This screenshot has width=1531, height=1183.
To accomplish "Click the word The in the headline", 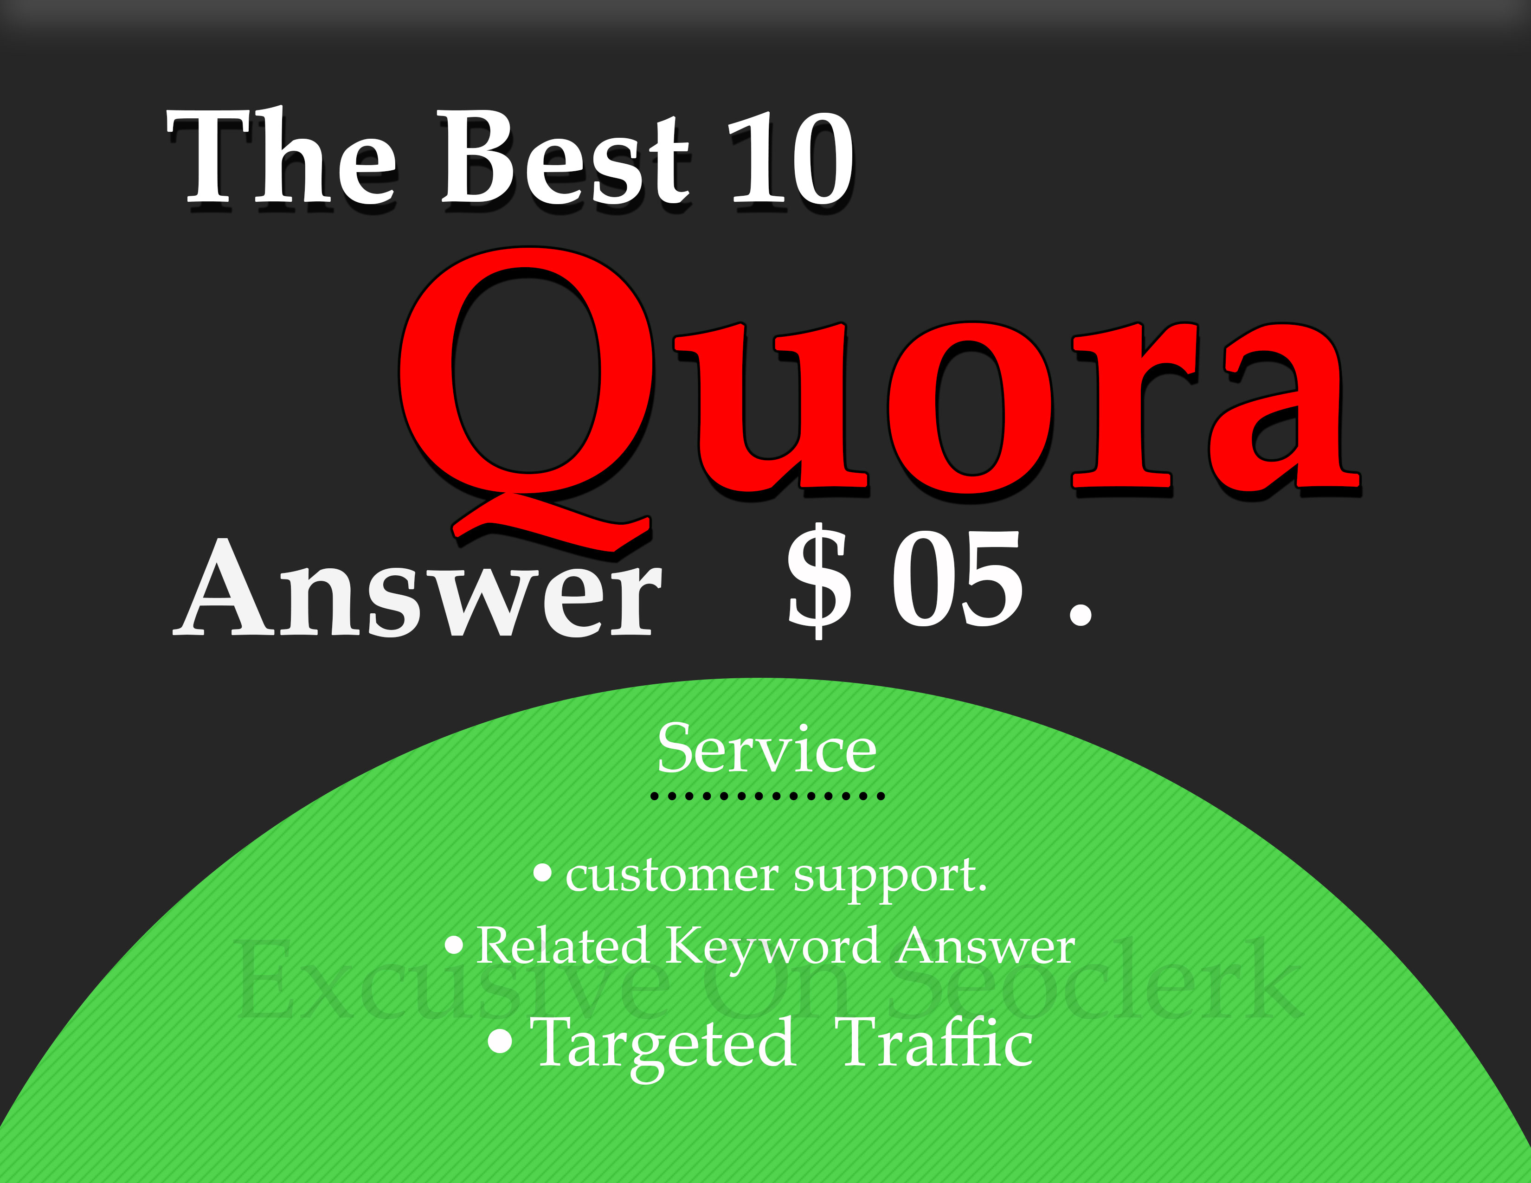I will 280,158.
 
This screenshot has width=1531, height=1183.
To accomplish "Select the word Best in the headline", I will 564,158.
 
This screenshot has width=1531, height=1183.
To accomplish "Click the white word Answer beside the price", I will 417,589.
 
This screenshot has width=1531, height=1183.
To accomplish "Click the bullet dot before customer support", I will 542,873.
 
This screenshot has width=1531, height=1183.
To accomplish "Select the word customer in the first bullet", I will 672,876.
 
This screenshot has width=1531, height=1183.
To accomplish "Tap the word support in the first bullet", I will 890,877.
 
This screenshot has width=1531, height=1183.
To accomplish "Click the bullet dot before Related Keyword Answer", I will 454,945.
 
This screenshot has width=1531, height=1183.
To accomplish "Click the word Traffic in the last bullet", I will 936,1043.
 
